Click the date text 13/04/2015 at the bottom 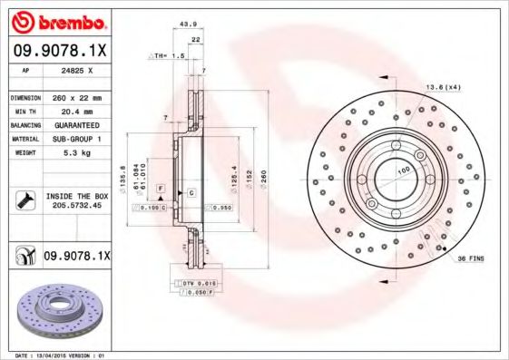coord(60,355)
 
